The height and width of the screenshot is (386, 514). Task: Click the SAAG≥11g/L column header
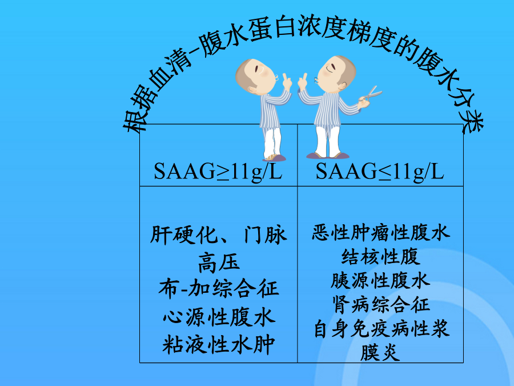pos(218,172)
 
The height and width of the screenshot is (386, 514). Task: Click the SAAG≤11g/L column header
pos(380,172)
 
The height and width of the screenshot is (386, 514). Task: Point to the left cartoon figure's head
pos(255,75)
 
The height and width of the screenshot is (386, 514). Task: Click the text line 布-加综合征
pos(219,289)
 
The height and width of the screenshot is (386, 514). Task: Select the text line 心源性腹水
pos(219,317)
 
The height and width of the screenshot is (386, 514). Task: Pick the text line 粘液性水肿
pos(219,344)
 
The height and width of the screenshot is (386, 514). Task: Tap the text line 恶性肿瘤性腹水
pos(380,232)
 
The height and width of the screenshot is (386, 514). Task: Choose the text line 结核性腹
pos(380,256)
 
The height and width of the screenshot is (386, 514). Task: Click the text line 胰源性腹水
pos(380,281)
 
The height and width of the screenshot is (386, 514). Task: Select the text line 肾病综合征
pos(380,305)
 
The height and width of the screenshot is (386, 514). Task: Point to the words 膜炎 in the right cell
pos(380,352)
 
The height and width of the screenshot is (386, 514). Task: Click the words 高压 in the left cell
pos(219,263)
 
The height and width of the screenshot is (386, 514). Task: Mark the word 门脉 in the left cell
pos(265,235)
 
